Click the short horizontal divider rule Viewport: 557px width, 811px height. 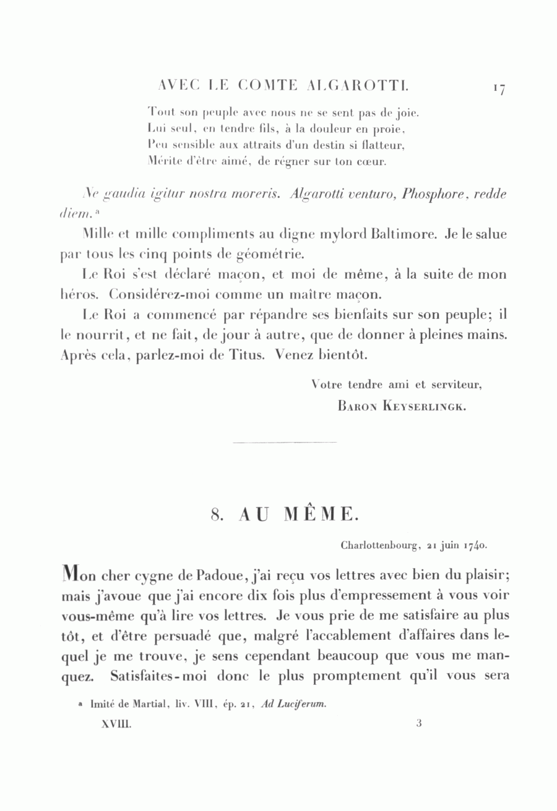tap(285, 443)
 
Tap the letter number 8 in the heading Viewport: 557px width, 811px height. tap(216, 514)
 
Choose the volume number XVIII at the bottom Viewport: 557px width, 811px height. tap(116, 723)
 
